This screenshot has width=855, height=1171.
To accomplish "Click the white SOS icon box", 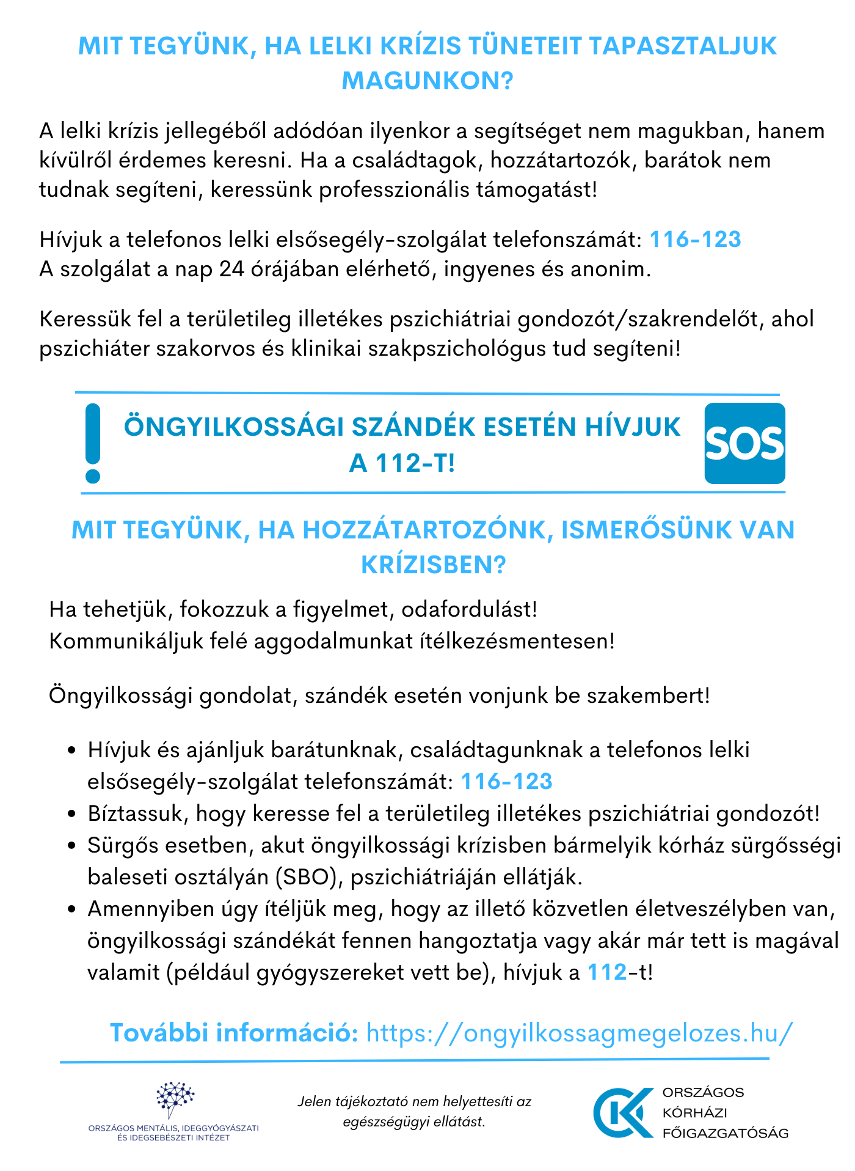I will click(744, 443).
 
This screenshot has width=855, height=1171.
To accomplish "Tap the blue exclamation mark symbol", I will click(93, 443).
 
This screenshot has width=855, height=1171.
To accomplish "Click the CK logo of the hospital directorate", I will click(623, 1112).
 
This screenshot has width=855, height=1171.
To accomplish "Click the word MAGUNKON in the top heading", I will click(427, 81).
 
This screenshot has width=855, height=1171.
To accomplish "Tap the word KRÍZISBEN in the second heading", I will click(434, 565).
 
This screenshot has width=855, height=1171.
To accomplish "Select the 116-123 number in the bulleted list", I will click(506, 781).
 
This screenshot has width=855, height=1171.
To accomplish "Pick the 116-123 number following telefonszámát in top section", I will click(695, 239).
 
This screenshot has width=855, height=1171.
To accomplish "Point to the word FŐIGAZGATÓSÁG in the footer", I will click(726, 1132).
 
